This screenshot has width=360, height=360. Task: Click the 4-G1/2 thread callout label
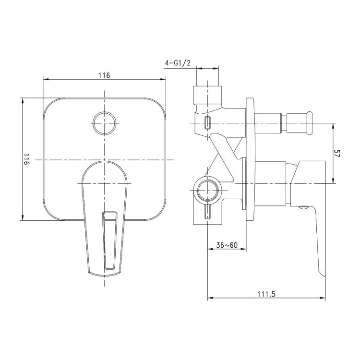click(x=178, y=63)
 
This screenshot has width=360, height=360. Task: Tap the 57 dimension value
click(x=336, y=153)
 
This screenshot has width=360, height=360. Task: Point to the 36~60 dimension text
click(x=227, y=245)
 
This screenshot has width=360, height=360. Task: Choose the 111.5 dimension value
click(x=266, y=294)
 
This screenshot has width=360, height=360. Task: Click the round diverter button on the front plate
click(x=105, y=123)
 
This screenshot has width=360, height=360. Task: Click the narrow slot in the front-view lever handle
click(x=110, y=240)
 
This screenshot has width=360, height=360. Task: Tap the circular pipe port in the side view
click(x=208, y=190)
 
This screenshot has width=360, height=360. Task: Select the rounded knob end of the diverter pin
click(x=310, y=123)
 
